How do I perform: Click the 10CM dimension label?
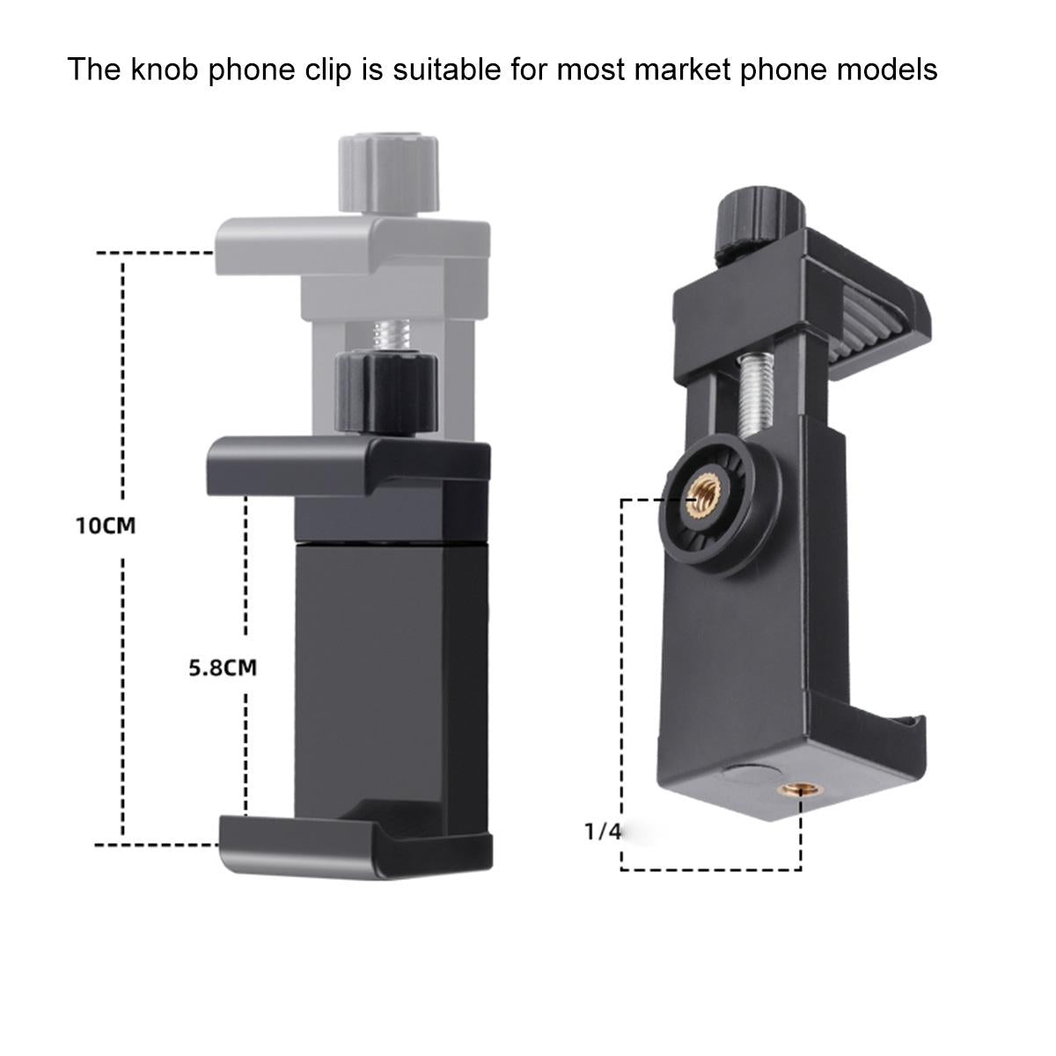[x=106, y=526]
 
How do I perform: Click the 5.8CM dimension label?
[x=224, y=667]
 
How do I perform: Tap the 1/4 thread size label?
[x=603, y=831]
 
